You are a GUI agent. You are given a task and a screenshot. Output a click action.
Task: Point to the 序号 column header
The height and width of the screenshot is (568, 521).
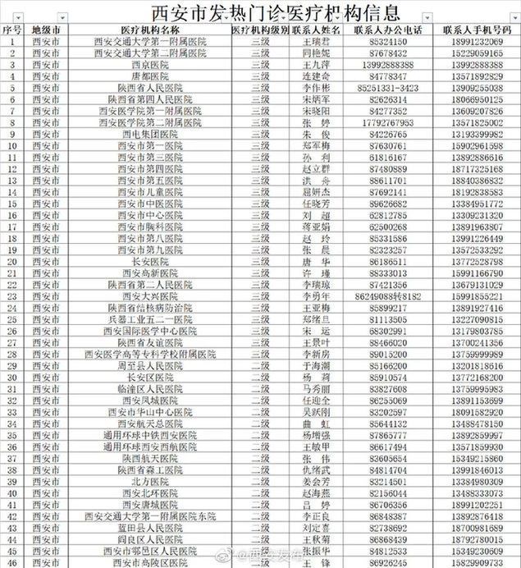pyautogui.click(x=11, y=30)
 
